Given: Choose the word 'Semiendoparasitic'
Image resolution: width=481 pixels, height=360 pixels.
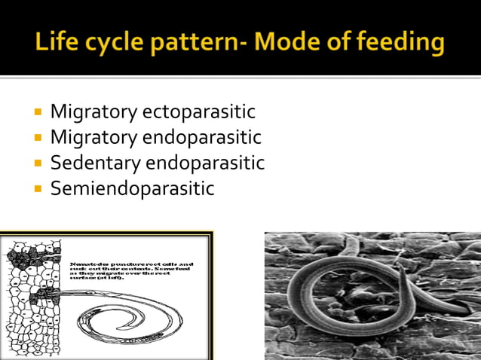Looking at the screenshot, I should pyautogui.click(x=132, y=188).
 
